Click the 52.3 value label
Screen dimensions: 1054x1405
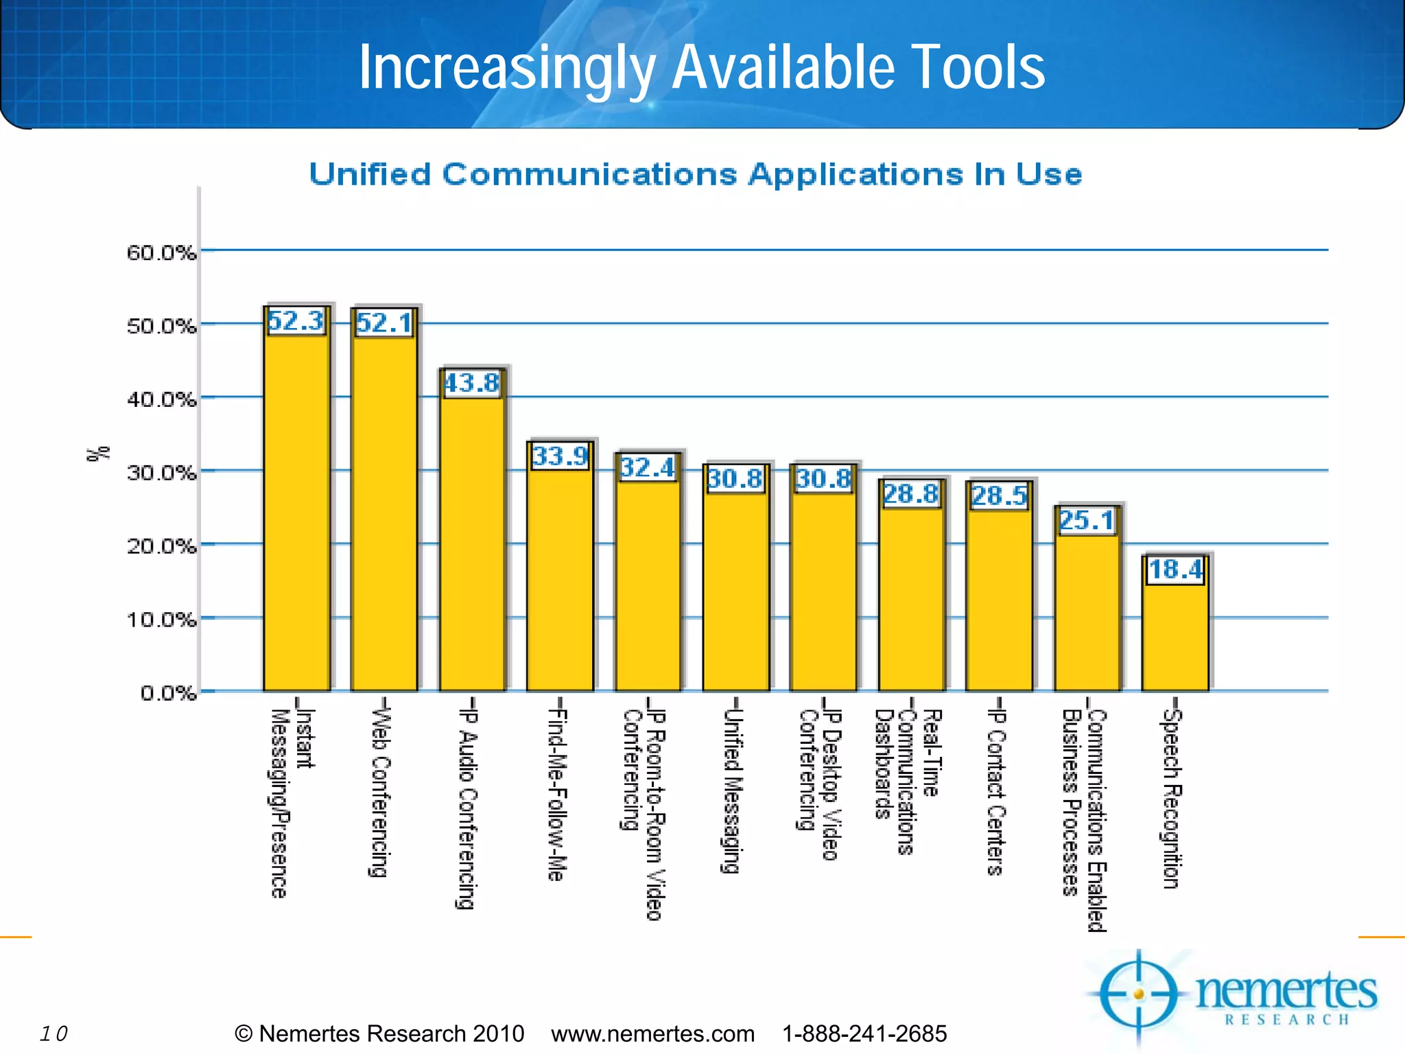click(296, 321)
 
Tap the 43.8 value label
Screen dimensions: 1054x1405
click(472, 383)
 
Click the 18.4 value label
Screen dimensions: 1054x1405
click(1175, 570)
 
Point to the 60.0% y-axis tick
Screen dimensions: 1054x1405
click(161, 253)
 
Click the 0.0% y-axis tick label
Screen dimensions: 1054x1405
click(168, 693)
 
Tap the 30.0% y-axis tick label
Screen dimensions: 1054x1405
click(161, 473)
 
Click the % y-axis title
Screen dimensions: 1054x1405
click(98, 454)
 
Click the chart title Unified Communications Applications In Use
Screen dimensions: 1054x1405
click(695, 174)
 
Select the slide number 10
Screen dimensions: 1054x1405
click(54, 1033)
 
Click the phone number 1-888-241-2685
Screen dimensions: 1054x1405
click(864, 1033)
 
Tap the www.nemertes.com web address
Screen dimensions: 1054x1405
click(652, 1033)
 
